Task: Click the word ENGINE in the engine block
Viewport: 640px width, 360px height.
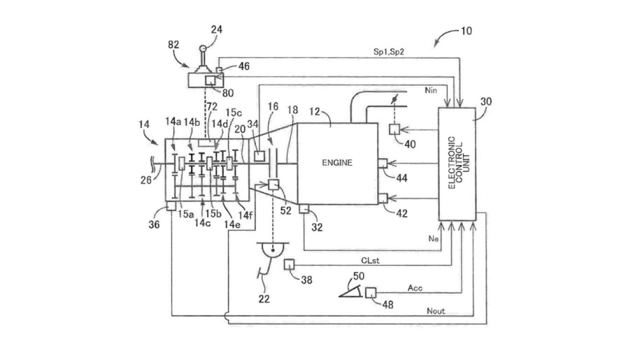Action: (339, 162)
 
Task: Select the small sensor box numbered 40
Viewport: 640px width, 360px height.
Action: (394, 129)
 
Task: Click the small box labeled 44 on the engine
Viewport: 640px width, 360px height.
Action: (382, 164)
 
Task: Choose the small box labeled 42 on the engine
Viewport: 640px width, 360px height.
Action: (382, 199)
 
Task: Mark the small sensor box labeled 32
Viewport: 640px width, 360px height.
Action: (304, 208)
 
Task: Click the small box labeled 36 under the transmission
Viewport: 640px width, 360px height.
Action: (170, 207)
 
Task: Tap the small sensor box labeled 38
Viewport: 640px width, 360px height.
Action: (288, 263)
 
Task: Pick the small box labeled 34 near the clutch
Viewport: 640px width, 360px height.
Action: (259, 155)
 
